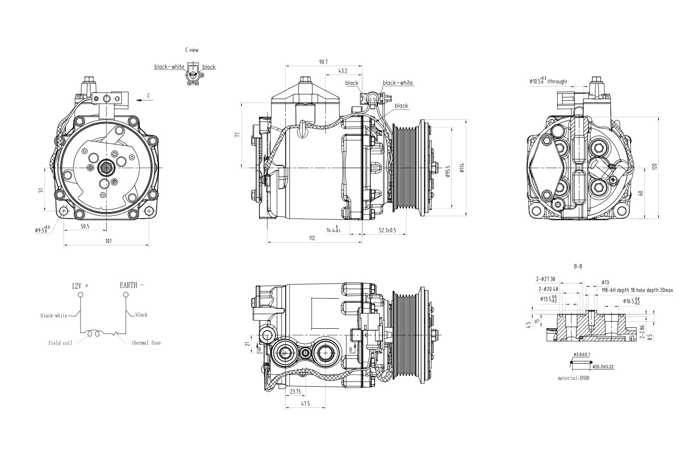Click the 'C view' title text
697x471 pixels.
(192, 49)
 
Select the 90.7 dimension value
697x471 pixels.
(323, 62)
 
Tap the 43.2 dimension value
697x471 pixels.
(343, 71)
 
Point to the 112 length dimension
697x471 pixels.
(312, 238)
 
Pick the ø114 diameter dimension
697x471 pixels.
(463, 168)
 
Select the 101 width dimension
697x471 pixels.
(108, 241)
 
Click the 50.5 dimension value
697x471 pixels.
(85, 227)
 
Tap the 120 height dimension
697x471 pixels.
(654, 167)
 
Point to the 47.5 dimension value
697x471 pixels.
(305, 404)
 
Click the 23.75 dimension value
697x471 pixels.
(296, 391)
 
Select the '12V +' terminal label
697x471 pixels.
(80, 286)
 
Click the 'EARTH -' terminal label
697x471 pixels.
(132, 285)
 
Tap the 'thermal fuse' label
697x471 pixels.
(146, 343)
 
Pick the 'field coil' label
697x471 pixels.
(60, 343)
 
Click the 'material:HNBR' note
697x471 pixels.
(574, 378)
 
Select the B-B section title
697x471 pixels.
(578, 267)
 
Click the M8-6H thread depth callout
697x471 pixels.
(637, 291)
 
